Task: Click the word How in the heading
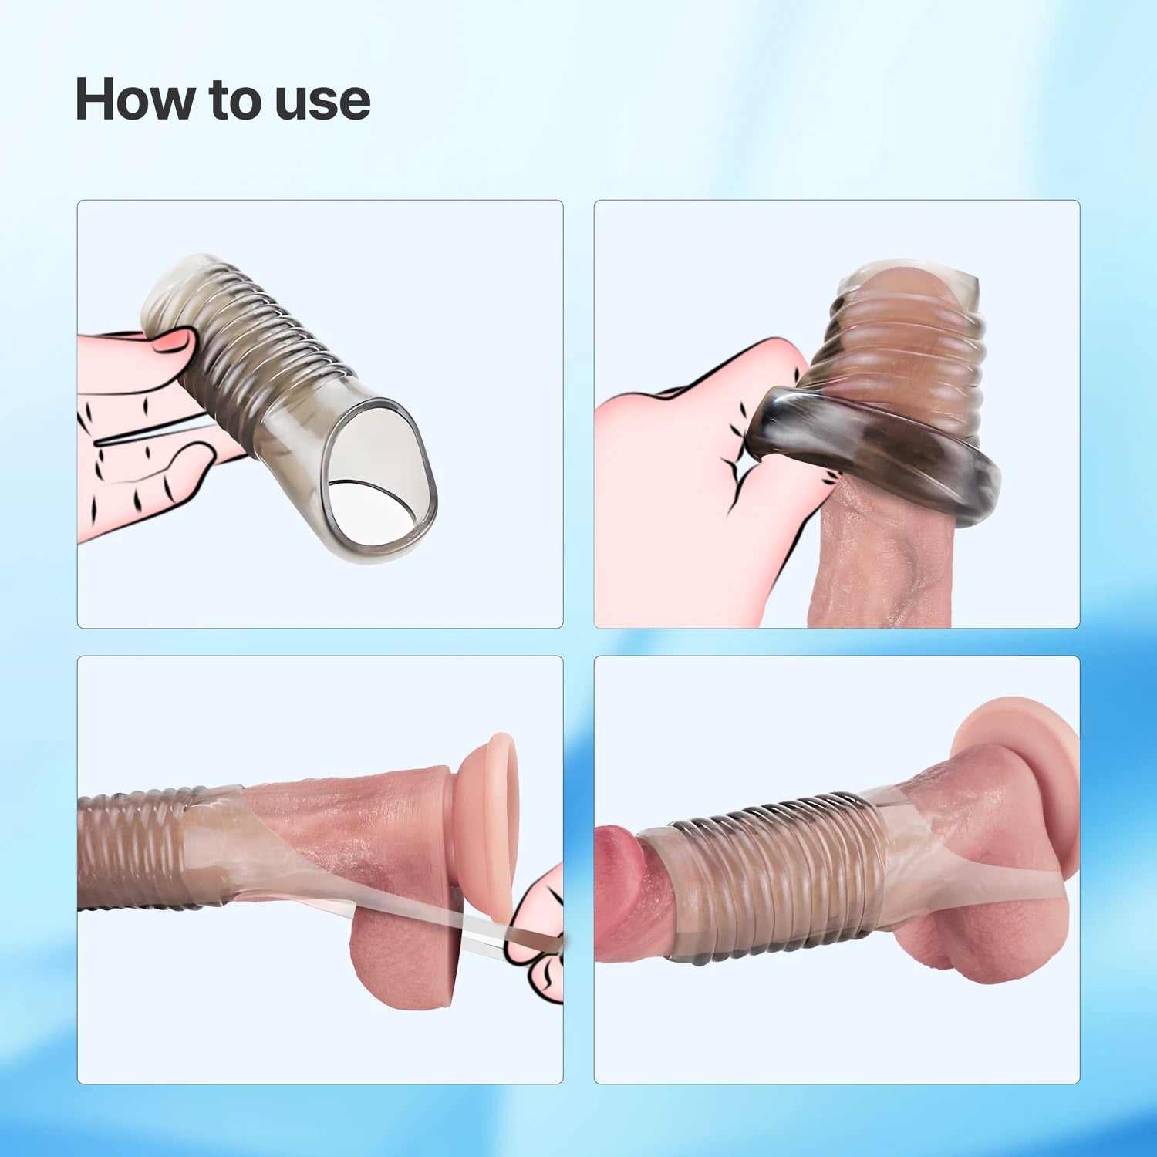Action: pyautogui.click(x=134, y=100)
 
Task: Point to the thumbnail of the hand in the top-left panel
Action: pyautogui.click(x=176, y=340)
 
